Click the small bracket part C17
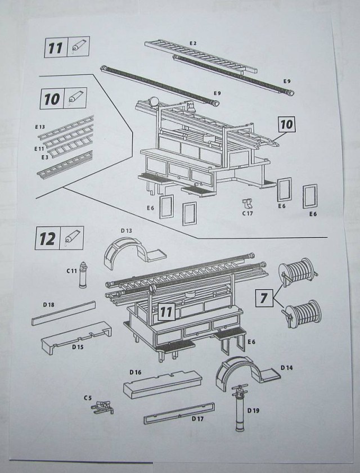pos(246,203)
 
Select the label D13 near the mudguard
pos(127,231)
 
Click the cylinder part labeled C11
pos(84,275)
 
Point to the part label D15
pos(77,347)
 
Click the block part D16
pos(161,384)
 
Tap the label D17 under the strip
pos(197,419)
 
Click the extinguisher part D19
pos(239,410)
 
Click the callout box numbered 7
pos(264,296)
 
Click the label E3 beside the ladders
pos(39,159)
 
